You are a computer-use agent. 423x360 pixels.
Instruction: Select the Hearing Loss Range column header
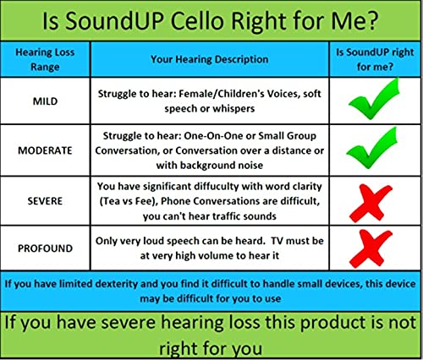(45, 59)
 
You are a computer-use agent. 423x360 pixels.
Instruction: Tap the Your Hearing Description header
(210, 59)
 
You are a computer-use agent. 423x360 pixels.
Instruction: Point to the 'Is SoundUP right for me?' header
(375, 59)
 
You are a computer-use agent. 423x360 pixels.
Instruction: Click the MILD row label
(45, 101)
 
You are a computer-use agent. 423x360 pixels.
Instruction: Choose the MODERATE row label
(45, 150)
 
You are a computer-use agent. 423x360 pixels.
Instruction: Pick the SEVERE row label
(45, 201)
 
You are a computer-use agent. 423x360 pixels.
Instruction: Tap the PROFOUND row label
(45, 248)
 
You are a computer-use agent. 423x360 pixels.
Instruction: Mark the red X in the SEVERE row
(371, 204)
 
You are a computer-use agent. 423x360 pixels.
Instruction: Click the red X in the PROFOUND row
(371, 248)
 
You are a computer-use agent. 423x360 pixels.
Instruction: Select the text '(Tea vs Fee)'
(129, 201)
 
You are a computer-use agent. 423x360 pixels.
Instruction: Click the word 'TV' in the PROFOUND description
(277, 241)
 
